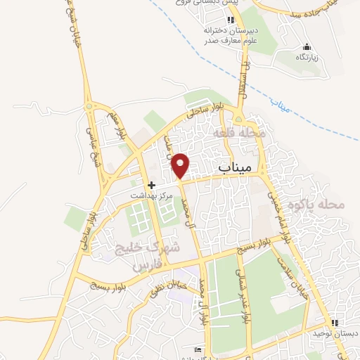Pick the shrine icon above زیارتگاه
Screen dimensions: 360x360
(x=305, y=46)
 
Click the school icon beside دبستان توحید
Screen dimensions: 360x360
(x=335, y=323)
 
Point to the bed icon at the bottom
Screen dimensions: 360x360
(x=198, y=349)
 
